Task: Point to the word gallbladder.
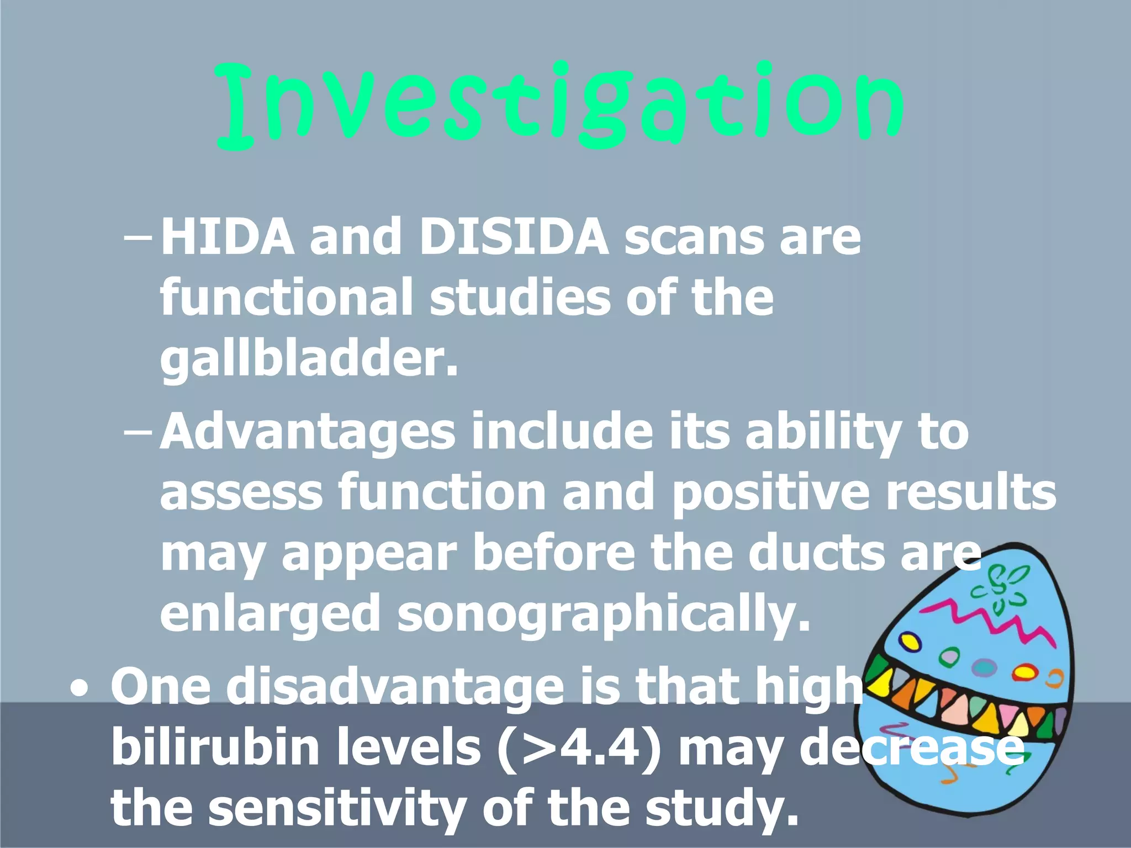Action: click(x=308, y=359)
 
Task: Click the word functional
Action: click(x=286, y=298)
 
